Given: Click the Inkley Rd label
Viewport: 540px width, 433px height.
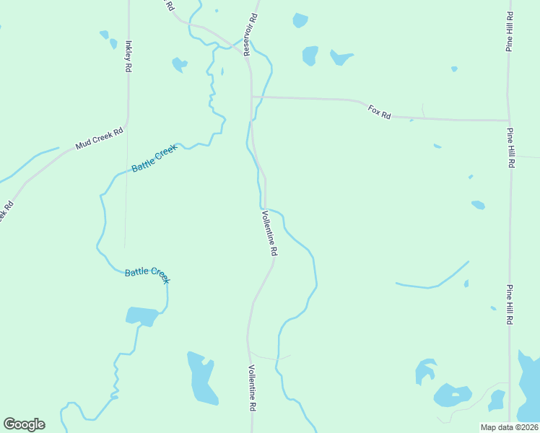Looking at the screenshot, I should pyautogui.click(x=129, y=56).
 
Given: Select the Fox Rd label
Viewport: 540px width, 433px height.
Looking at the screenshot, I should pyautogui.click(x=379, y=112).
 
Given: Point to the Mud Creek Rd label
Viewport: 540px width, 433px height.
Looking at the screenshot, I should pyautogui.click(x=100, y=139).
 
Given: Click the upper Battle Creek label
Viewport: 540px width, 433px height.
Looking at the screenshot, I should pyautogui.click(x=154, y=159).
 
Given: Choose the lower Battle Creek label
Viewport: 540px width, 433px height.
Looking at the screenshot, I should pyautogui.click(x=147, y=273).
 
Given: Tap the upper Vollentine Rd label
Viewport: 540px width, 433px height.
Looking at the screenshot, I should pyautogui.click(x=269, y=233).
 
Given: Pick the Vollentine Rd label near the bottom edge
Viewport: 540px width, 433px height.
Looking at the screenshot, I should pyautogui.click(x=253, y=388).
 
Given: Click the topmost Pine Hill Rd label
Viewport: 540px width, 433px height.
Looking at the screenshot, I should pyautogui.click(x=510, y=31).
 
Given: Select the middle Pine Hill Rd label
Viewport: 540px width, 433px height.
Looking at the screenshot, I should pyautogui.click(x=510, y=148).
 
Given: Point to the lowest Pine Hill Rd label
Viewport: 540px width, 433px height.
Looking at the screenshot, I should pyautogui.click(x=510, y=305).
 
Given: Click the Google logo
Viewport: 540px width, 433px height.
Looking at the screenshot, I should pyautogui.click(x=24, y=424).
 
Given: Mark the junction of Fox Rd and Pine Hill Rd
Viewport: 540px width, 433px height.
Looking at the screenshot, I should pyautogui.click(x=509, y=121).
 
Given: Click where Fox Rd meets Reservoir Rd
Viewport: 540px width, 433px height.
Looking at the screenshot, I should pyautogui.click(x=251, y=96).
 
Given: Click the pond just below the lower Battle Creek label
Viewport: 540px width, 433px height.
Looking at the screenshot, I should pyautogui.click(x=142, y=316).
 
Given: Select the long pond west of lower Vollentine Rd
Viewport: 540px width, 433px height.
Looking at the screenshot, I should pyautogui.click(x=201, y=379).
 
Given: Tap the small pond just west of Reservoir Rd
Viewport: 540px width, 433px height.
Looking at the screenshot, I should pyautogui.click(x=178, y=65).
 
